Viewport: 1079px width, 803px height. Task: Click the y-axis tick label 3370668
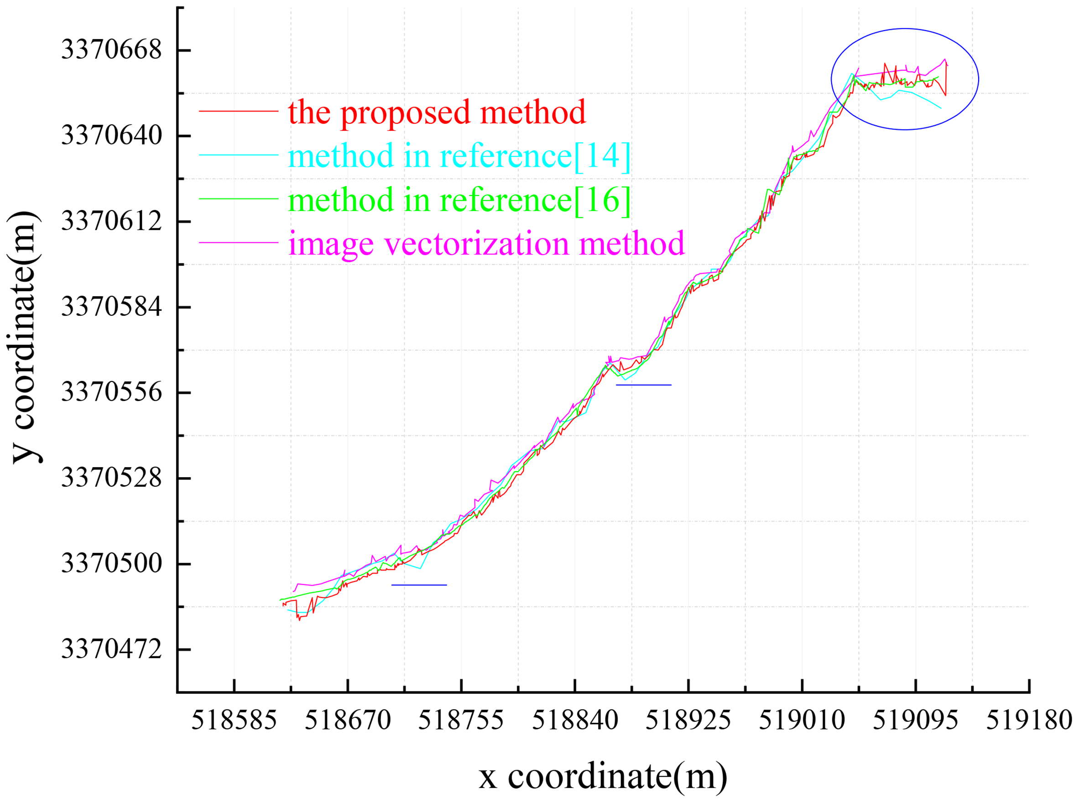click(111, 50)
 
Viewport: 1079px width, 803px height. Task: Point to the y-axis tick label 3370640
click(111, 136)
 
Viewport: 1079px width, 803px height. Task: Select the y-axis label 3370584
click(111, 307)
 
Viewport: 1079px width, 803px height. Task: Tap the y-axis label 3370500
click(111, 564)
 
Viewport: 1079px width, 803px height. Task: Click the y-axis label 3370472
click(111, 649)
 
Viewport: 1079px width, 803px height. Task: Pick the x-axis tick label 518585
click(234, 721)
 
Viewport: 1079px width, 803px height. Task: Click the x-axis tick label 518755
click(461, 721)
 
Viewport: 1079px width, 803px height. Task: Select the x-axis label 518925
click(688, 721)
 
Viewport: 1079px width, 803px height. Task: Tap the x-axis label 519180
click(1029, 721)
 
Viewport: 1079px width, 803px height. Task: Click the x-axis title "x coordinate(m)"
click(603, 776)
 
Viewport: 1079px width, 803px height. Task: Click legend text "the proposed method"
click(437, 112)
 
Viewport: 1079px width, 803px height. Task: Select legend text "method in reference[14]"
click(459, 156)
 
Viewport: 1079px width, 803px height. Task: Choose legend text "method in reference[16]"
click(459, 200)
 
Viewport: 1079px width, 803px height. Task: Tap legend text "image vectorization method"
click(486, 243)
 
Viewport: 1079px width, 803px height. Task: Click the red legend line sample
click(238, 111)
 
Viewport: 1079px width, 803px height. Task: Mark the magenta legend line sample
click(238, 242)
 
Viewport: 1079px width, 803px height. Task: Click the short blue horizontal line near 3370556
click(643, 385)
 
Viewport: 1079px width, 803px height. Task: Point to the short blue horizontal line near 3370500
click(419, 585)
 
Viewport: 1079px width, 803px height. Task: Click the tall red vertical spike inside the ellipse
click(946, 80)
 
